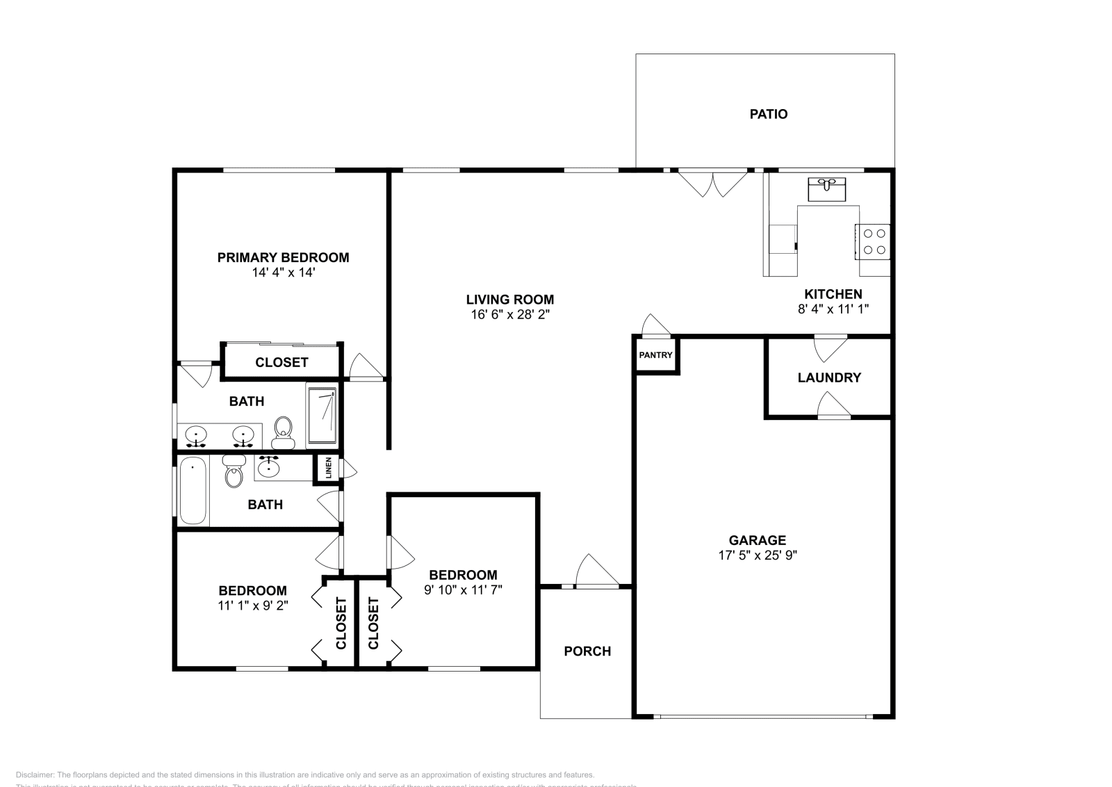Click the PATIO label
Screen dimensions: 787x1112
768,114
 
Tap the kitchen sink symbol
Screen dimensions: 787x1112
826,189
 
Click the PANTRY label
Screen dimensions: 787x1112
655,355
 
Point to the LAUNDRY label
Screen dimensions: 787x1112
828,378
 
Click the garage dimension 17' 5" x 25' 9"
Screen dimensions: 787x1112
757,555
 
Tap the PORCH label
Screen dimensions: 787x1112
587,651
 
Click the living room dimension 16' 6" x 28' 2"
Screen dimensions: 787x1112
510,314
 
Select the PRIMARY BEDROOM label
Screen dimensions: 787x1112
283,257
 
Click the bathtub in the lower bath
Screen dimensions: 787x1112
193,490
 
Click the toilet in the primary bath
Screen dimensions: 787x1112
284,432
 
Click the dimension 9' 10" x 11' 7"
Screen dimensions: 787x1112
463,590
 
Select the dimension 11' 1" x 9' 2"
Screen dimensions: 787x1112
252,606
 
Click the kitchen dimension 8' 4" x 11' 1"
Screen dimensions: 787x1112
833,309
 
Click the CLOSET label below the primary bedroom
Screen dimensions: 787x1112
281,362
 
